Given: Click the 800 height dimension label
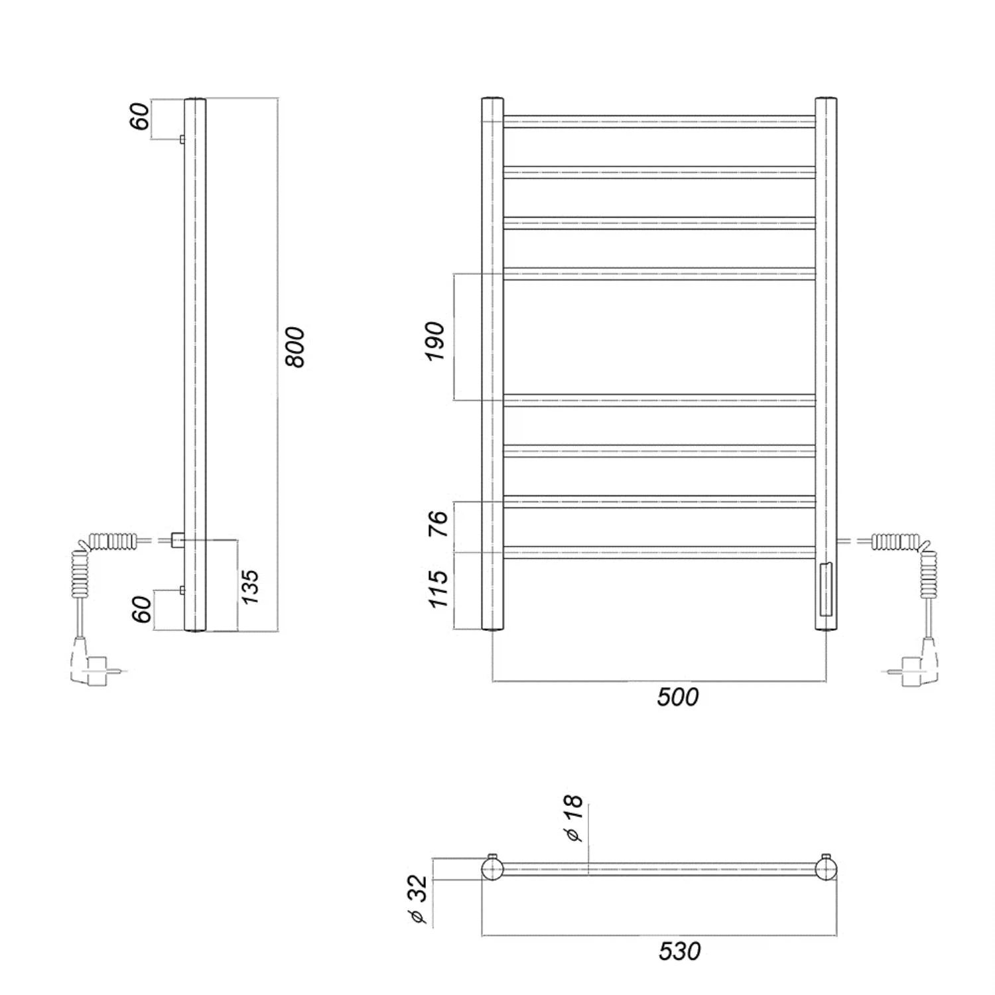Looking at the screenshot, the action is coord(295,347).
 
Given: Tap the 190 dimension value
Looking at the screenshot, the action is coord(435,341).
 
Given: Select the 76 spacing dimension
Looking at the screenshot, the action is coord(438,524).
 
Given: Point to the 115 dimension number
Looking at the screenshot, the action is coord(438,588).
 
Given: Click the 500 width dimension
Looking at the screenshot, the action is coord(678,697).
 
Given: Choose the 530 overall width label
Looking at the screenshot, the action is coord(679,951).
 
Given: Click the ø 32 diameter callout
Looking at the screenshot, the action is coord(419,899).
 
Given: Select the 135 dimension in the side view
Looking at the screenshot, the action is coord(249,586).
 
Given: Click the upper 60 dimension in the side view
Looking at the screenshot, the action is coord(140,117).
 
